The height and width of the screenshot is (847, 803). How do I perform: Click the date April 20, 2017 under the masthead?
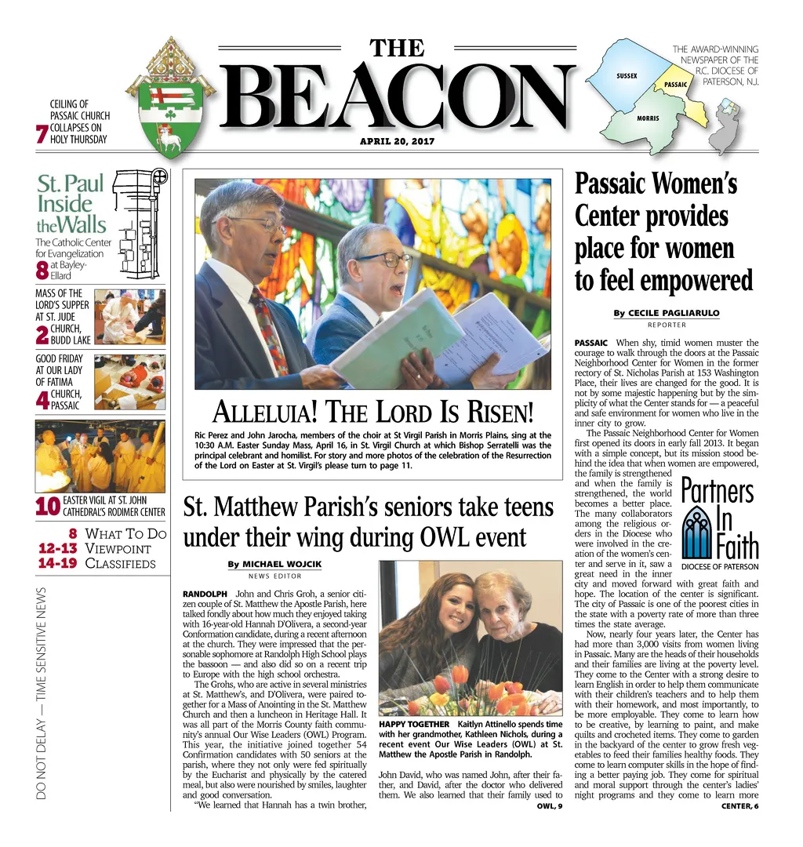[397, 142]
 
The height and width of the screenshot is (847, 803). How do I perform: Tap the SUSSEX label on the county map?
[627, 75]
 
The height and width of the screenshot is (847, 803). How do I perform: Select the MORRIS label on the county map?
[648, 118]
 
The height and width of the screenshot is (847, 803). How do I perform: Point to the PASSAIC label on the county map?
[675, 84]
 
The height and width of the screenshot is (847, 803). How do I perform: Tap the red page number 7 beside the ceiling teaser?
[42, 134]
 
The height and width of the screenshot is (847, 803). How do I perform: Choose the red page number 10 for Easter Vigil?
[48, 507]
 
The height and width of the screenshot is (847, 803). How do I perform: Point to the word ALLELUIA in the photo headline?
[263, 412]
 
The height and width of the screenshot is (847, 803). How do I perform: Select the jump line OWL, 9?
[550, 806]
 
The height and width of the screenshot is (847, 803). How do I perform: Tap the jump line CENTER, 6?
[739, 806]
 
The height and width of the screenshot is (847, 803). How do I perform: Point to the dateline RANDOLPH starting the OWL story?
[205, 594]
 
